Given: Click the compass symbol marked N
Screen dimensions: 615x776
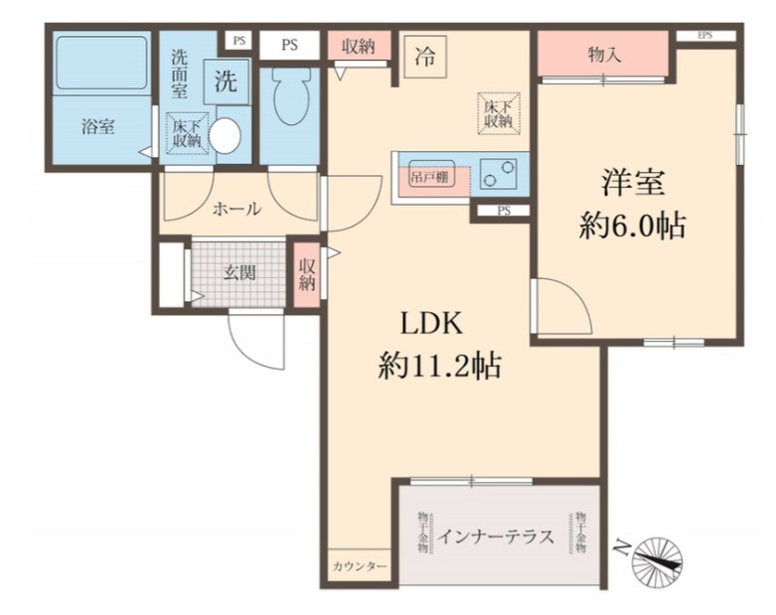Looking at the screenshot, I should click(657, 558).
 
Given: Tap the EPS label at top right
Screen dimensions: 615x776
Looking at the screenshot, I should click(705, 36).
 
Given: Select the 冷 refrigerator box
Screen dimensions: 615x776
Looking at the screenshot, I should click(424, 57).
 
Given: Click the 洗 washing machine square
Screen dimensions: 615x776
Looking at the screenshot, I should click(227, 83).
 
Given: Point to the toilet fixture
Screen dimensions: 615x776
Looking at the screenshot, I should click(291, 97).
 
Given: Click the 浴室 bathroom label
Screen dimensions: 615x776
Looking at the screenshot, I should click(97, 127).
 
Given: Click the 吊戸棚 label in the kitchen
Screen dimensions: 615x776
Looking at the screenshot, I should click(429, 177).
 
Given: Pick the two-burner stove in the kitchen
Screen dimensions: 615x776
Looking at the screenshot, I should click(500, 175).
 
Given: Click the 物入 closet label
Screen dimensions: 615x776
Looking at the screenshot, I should click(604, 55).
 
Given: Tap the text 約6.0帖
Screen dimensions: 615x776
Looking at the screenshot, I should click(633, 227).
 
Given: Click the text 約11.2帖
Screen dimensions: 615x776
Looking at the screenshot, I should click(438, 368).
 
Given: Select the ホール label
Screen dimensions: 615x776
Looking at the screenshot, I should click(237, 209).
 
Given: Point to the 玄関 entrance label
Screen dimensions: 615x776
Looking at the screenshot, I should click(238, 273).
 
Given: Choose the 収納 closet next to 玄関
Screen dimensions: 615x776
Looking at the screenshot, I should click(306, 273).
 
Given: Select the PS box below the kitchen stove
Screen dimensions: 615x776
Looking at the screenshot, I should click(504, 211).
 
